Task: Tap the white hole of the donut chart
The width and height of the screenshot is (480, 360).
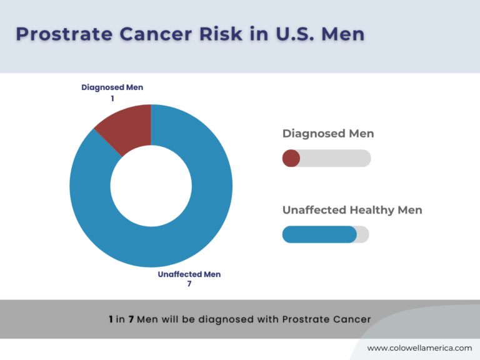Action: coord(151,186)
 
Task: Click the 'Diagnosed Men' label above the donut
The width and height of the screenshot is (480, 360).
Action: coord(112,87)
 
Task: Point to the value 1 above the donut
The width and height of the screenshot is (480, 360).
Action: coord(112,98)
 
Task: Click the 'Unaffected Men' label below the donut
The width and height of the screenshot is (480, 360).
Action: coord(189,274)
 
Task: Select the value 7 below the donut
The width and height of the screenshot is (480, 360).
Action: coord(189,284)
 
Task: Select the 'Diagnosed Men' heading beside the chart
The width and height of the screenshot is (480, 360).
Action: coord(327,133)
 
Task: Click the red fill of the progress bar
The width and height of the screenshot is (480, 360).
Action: coord(291,159)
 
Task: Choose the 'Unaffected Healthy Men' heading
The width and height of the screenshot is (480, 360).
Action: coord(352,210)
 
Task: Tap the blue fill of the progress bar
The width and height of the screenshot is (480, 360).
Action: coord(319,234)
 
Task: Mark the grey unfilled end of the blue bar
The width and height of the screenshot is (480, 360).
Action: coord(363,234)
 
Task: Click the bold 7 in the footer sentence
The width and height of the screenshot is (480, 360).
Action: coord(131,319)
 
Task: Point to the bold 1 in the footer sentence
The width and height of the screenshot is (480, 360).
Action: coord(111,319)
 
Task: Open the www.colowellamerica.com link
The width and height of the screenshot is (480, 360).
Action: coord(419,348)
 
